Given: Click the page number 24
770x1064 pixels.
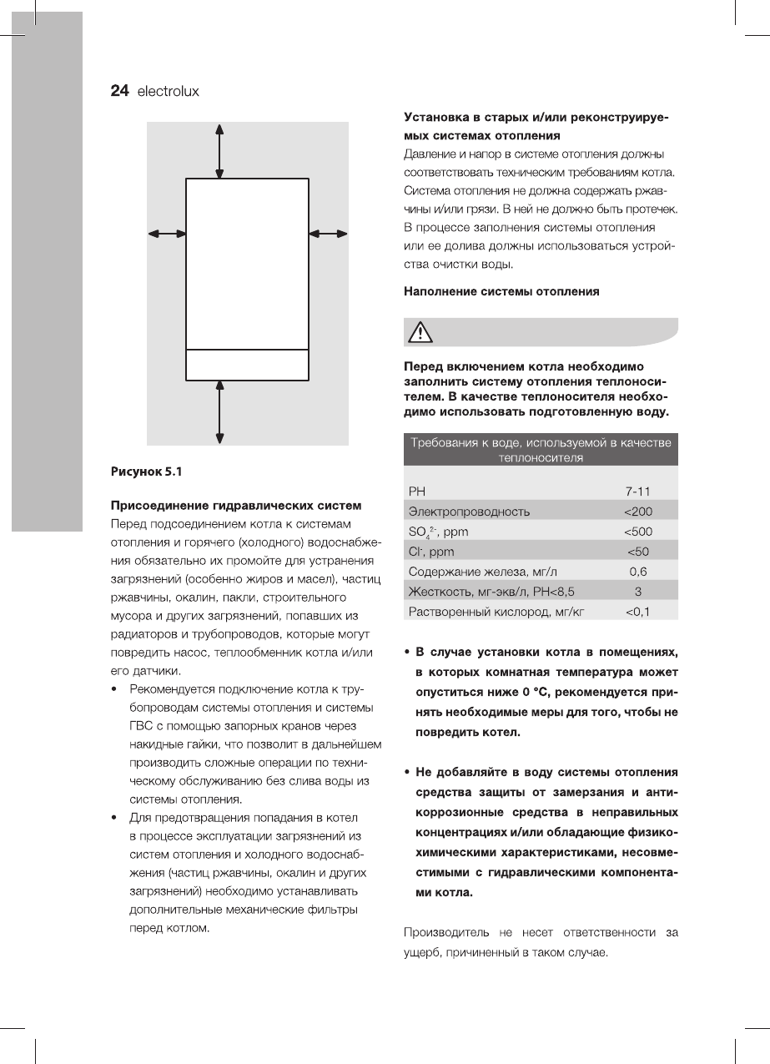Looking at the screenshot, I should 119,91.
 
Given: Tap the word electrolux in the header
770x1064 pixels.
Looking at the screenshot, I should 168,92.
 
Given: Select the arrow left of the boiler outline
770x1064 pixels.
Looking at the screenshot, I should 166,234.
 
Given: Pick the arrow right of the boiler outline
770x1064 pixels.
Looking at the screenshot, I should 328,234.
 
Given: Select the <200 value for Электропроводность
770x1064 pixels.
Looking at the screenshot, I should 637,511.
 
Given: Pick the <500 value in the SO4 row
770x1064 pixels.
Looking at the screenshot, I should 637,531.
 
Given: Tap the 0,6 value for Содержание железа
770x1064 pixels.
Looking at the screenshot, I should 637,572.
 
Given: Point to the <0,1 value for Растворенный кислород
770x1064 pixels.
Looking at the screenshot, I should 637,612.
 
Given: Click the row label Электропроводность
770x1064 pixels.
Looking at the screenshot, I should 468,511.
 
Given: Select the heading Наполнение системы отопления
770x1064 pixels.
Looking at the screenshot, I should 501,292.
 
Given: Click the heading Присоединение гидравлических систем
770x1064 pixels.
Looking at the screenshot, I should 236,505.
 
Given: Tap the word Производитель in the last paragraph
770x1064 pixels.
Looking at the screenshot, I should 446,931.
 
